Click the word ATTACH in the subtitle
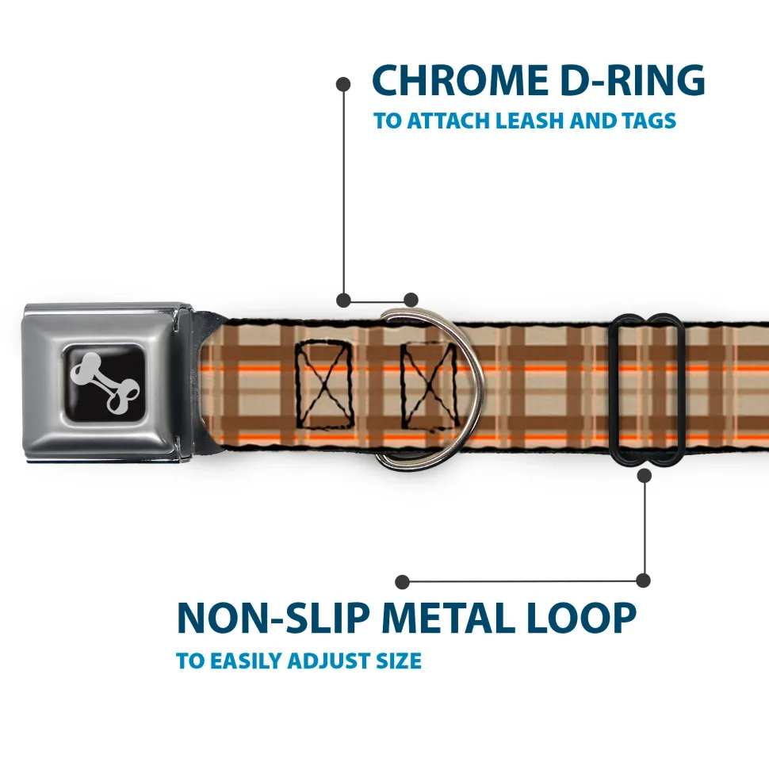click(449, 121)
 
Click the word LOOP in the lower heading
click(587, 619)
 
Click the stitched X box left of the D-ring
click(324, 384)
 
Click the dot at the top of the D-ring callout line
click(343, 82)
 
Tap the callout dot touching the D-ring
click(411, 300)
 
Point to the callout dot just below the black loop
click(644, 475)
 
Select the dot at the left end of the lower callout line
click(403, 581)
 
